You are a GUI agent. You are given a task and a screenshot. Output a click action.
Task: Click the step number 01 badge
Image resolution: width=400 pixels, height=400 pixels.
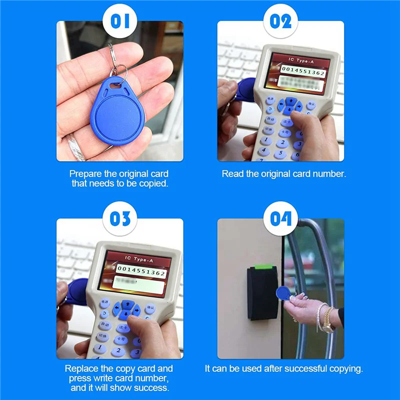click(x=119, y=21)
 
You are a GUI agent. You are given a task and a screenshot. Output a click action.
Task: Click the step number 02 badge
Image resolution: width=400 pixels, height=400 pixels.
click(x=280, y=21)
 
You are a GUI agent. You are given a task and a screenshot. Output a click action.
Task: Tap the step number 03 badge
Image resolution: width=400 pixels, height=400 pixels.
click(x=119, y=219)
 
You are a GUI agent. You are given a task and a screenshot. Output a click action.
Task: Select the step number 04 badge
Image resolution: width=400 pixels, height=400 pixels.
click(x=280, y=219)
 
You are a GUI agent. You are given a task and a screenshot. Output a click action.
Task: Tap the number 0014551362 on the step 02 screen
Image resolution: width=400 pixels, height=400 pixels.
click(x=303, y=72)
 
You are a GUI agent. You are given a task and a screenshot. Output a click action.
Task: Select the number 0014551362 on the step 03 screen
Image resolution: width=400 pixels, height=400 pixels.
click(x=141, y=273)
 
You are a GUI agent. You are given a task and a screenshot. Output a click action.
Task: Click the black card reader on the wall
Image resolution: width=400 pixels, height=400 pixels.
click(x=261, y=292)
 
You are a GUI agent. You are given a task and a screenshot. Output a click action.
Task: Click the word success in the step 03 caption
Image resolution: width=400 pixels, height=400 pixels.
click(x=152, y=387)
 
